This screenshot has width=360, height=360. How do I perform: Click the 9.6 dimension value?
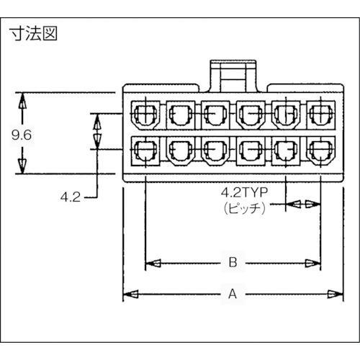tap(22, 134)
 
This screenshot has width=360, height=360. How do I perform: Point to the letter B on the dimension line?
tap(233, 264)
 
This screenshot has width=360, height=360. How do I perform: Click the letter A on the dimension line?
tap(232, 294)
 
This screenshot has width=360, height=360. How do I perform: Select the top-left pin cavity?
tap(145, 112)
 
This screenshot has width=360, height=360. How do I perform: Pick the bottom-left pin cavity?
tap(145, 151)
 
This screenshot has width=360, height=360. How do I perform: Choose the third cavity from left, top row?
tap(214, 113)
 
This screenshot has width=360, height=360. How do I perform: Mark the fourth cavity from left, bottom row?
tap(249, 151)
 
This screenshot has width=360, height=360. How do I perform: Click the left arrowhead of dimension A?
tap(130, 294)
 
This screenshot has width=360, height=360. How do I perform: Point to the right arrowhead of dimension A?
tap(333, 294)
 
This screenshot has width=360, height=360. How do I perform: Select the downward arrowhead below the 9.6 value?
tap(22, 164)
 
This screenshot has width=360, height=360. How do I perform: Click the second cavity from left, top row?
tap(179, 113)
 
